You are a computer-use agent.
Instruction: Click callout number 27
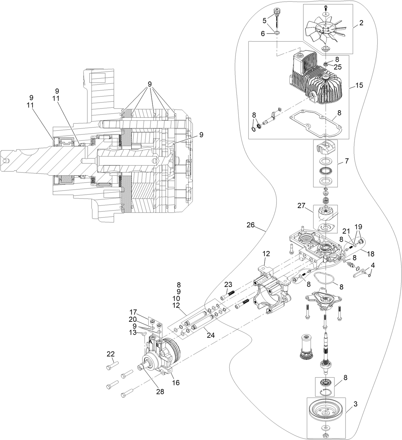pyautogui.click(x=302, y=206)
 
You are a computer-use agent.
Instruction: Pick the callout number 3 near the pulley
pyautogui.click(x=355, y=404)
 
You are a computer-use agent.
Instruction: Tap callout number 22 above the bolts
pyautogui.click(x=110, y=354)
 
